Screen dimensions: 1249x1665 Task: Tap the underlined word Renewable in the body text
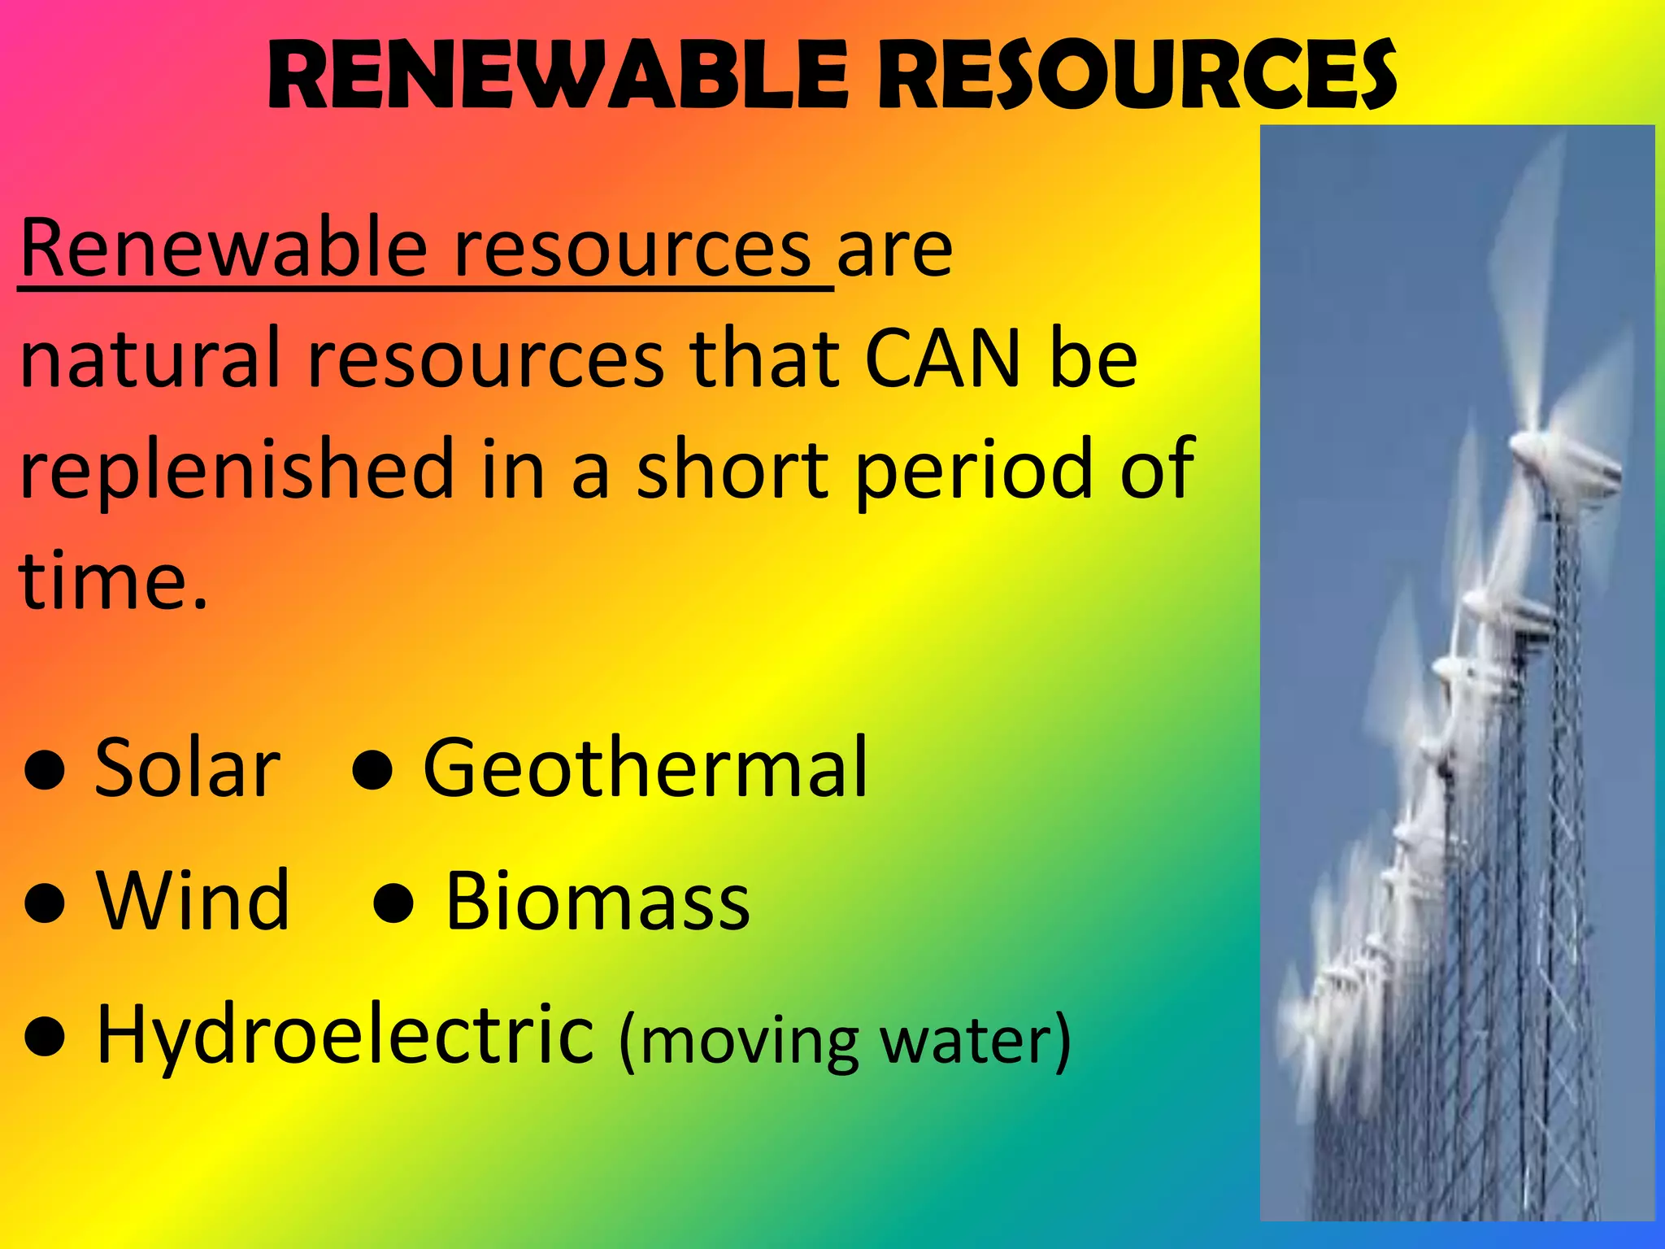coord(224,248)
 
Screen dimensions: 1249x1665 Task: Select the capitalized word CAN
coord(942,359)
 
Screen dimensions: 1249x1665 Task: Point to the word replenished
coord(237,470)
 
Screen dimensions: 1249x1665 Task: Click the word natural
coord(150,359)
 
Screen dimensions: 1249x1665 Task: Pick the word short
coord(733,470)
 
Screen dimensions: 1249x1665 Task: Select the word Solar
coord(188,768)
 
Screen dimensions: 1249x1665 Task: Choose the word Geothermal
coord(646,768)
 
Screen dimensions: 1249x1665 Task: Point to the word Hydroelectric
coord(346,1036)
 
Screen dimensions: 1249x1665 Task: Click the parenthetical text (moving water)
coord(845,1041)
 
